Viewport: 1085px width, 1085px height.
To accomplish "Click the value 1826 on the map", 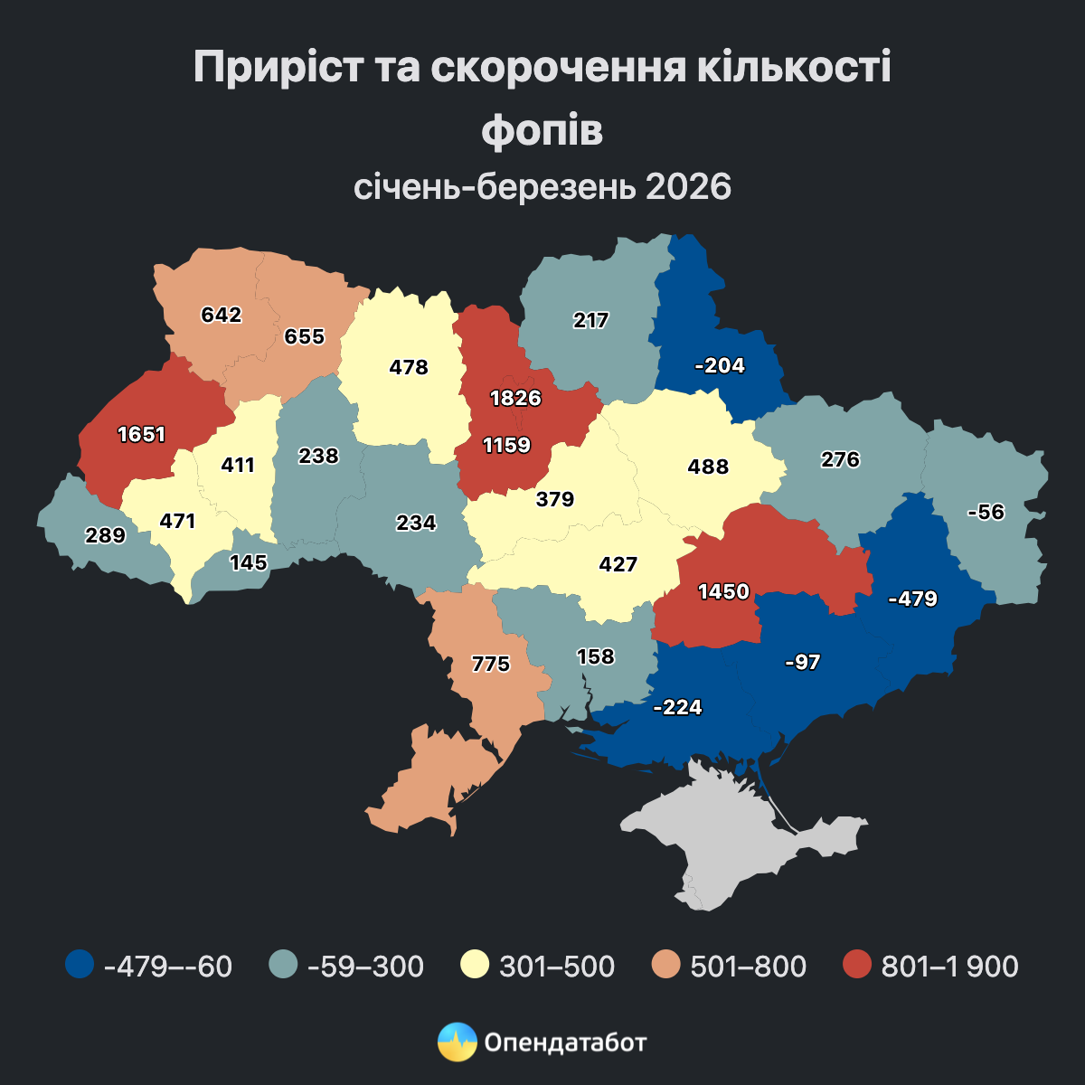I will (x=515, y=398).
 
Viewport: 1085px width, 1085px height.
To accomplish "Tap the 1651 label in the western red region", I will (x=142, y=434).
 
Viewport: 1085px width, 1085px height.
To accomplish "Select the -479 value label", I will (x=913, y=599).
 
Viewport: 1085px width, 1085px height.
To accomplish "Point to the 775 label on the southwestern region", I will (x=491, y=665).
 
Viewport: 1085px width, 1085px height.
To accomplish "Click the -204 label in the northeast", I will (x=720, y=365).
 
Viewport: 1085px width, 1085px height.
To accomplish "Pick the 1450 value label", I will (x=723, y=591).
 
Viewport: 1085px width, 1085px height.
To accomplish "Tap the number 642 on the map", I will (x=222, y=315).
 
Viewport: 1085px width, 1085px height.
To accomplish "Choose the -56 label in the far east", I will (x=986, y=512).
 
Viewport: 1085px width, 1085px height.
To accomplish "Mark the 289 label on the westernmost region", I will (x=105, y=534).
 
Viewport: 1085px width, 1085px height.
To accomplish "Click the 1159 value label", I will (x=506, y=445).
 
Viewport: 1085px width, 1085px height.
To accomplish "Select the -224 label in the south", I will (x=677, y=707).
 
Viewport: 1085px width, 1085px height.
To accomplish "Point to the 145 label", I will (x=249, y=562).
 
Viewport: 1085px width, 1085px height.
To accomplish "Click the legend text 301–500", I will (x=557, y=966).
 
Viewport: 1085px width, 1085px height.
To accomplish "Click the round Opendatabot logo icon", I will (x=457, y=1042).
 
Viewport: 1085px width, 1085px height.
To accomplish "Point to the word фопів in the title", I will (x=542, y=129).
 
